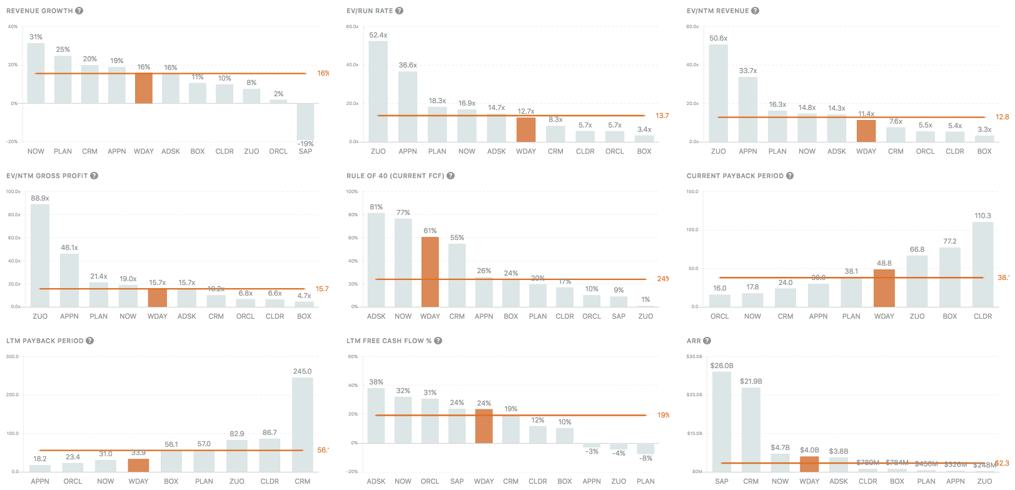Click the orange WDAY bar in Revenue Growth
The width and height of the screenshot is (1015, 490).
point(144,88)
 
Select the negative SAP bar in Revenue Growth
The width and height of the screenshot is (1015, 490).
point(305,121)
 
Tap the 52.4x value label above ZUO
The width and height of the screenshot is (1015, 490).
point(378,35)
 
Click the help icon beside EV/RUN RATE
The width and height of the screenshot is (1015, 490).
point(400,11)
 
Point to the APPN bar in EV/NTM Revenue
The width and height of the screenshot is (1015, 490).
point(748,109)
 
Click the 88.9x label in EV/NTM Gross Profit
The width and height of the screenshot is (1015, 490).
point(40,198)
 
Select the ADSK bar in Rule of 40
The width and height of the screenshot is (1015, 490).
point(376,259)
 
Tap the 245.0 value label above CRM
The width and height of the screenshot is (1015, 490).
point(303,371)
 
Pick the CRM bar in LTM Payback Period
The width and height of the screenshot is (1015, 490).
point(303,424)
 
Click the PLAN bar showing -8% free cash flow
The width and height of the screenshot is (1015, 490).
point(645,449)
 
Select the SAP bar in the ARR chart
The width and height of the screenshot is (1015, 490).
point(722,422)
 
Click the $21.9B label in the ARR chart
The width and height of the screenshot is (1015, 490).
point(751,381)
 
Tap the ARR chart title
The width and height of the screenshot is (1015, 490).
point(694,341)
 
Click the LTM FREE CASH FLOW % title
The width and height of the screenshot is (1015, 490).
point(389,341)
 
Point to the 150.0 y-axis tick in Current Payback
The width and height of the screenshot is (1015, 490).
point(692,192)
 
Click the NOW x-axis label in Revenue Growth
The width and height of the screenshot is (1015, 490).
point(36,151)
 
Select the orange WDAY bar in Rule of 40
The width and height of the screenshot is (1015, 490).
point(430,272)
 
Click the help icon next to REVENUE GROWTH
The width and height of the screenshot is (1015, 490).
point(79,11)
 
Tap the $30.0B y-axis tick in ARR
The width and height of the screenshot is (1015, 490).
point(694,357)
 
